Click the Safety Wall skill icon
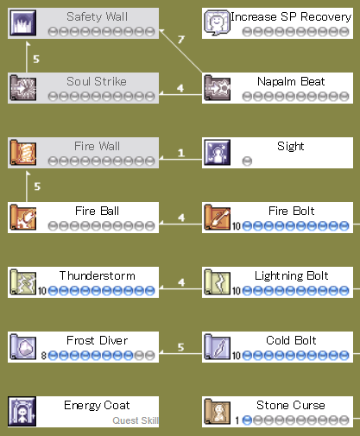pos(22,22)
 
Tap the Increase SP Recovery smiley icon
pos(218,22)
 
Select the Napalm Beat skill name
pos(291,81)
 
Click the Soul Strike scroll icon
pos(22,87)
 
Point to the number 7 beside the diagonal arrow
pos(180,39)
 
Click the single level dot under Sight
pos(247,161)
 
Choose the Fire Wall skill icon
pos(22,152)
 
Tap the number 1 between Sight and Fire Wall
pos(181,153)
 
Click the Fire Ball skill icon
pos(22,217)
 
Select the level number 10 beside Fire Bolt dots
pos(237,226)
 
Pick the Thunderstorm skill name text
pos(98,275)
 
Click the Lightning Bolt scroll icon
pos(218,281)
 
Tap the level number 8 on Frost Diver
pos(44,356)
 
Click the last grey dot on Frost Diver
pos(149,356)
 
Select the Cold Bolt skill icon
pos(218,346)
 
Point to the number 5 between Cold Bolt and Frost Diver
pos(180,347)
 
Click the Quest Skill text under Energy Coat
pos(136,420)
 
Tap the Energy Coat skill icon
pos(22,411)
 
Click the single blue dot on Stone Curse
pos(247,420)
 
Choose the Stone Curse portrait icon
pos(218,411)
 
